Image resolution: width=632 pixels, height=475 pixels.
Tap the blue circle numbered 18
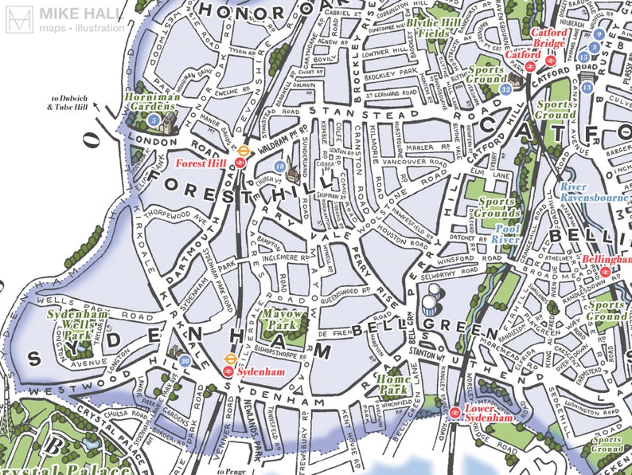click(279, 166)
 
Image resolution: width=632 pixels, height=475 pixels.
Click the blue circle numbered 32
click(506, 89)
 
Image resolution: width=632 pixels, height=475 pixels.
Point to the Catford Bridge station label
click(549, 38)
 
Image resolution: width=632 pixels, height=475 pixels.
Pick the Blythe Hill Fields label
click(437, 29)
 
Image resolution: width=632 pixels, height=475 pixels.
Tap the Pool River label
click(505, 234)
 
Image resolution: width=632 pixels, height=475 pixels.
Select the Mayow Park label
click(283, 320)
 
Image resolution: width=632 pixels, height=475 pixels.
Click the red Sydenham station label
click(262, 371)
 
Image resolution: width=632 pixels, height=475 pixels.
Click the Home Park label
click(393, 385)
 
